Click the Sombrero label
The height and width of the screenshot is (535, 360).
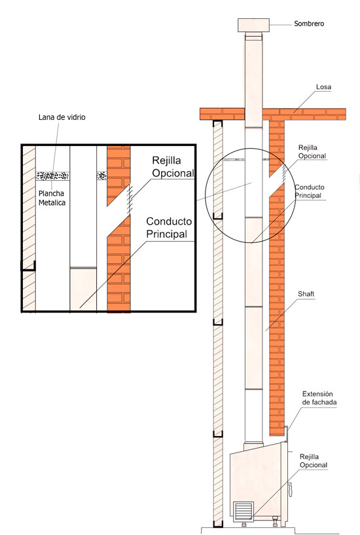point(309,24)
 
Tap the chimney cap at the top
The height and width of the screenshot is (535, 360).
point(254,26)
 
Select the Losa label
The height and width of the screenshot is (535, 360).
point(323,87)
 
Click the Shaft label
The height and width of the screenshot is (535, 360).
point(306,294)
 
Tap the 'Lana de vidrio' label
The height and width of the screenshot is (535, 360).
point(62,117)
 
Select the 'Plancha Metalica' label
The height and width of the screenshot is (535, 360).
point(52,198)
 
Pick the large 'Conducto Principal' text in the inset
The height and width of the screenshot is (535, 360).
point(169,228)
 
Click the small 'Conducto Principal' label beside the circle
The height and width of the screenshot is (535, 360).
point(310,191)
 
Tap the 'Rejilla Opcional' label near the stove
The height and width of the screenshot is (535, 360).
point(314,461)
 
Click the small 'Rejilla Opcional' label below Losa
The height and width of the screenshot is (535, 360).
point(312,152)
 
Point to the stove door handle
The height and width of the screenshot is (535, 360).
point(291,490)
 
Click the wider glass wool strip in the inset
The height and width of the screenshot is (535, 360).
point(52,175)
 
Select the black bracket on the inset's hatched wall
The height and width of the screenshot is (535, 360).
point(28,266)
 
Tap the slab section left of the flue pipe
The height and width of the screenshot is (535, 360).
point(222,114)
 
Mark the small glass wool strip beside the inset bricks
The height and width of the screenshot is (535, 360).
point(101,175)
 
